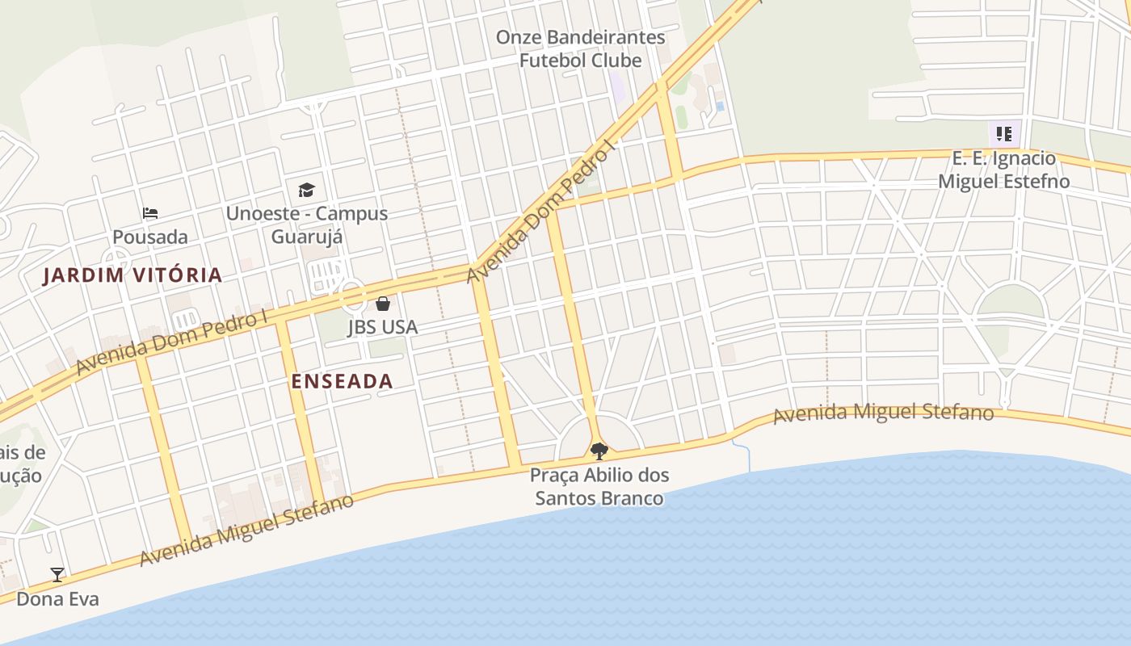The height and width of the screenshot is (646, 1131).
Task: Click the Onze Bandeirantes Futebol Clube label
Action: point(580,48)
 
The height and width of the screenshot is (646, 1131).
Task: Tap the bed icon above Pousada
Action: point(150,213)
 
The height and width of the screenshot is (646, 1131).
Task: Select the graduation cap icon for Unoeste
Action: point(306,191)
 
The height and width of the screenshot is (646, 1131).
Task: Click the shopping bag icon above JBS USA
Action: point(383,304)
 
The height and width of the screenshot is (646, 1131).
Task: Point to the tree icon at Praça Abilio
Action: point(599,451)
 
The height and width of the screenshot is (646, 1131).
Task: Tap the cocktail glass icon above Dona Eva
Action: point(57,575)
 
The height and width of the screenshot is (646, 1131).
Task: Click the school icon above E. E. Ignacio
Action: point(1004,134)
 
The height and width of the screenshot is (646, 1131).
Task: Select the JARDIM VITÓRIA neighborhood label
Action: point(132,275)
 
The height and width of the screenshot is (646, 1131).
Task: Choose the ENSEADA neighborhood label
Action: point(342,381)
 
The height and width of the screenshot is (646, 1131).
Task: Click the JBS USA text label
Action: point(383,327)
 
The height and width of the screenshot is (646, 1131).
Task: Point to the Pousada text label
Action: point(150,237)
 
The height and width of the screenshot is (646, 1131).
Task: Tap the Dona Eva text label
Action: point(57,599)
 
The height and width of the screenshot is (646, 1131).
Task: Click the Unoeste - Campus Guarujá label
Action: point(306,225)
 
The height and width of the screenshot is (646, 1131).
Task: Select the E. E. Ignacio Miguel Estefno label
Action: point(1004,170)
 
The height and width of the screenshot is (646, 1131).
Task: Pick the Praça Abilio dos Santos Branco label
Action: point(599,486)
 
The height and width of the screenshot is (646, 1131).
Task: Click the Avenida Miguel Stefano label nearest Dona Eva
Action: point(246,531)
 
